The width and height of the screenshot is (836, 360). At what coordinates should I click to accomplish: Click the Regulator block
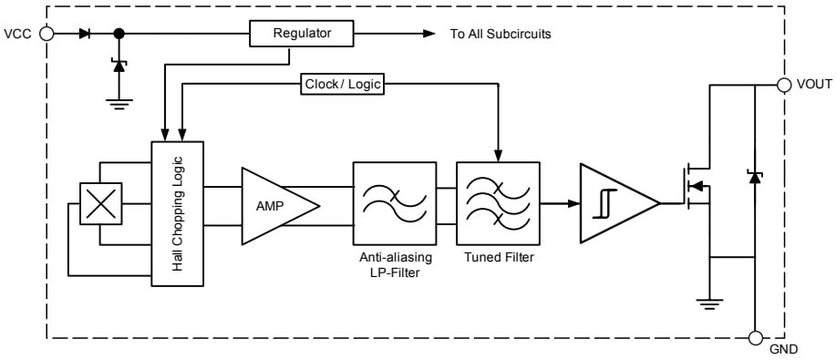[302, 35]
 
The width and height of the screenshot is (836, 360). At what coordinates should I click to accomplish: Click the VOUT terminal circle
[783, 85]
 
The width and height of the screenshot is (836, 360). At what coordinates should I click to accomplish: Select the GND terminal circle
[755, 338]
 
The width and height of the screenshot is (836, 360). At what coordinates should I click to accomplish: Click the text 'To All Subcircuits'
[501, 35]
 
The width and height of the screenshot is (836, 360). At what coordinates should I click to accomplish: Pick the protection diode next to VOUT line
[754, 175]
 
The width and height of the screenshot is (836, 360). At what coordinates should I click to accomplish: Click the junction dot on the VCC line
[119, 34]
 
